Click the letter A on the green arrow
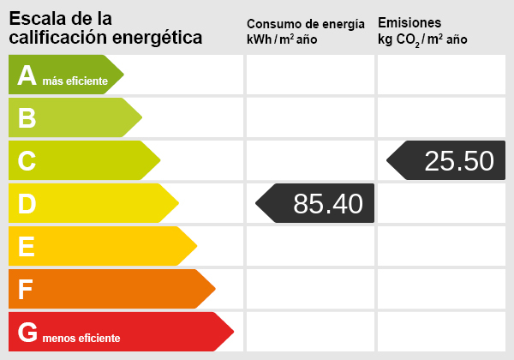[27, 75]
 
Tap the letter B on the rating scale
[27, 118]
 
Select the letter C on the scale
[27, 161]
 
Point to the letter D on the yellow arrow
[27, 204]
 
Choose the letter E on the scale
[27, 247]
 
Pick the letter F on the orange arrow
[26, 290]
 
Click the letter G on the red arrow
[27, 333]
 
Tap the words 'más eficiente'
[75, 81]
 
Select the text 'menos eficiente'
[81, 338]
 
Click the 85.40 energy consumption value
[327, 203]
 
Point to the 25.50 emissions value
[459, 160]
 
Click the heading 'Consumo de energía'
[305, 24]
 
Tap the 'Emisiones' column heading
[409, 22]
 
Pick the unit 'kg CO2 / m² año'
[422, 40]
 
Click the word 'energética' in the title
[163, 38]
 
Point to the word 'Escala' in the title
[34, 18]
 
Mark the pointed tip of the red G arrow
[233, 332]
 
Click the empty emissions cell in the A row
[441, 75]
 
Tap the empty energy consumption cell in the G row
[310, 332]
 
